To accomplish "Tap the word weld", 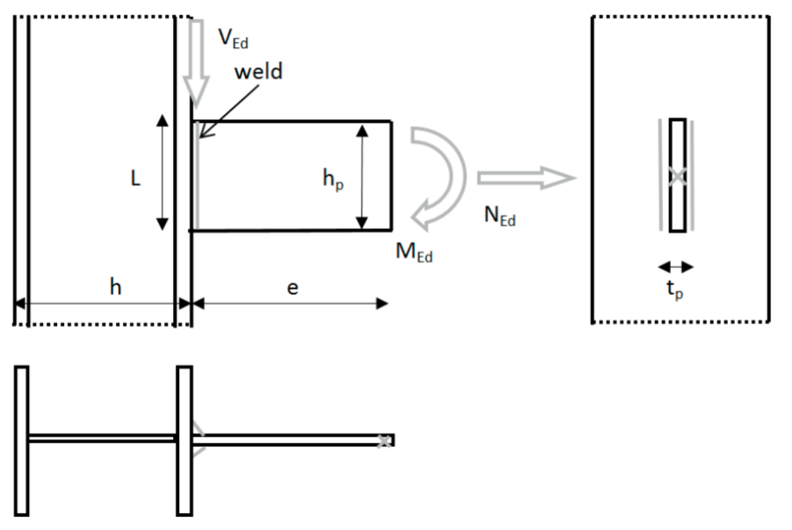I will click(257, 71).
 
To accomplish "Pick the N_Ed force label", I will click(500, 217).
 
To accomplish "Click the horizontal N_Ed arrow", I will click(525, 179).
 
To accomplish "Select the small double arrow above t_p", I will click(676, 267).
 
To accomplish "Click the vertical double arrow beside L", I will click(162, 172).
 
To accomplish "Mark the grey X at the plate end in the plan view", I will click(384, 440).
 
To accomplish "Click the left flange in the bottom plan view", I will click(21, 440).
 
